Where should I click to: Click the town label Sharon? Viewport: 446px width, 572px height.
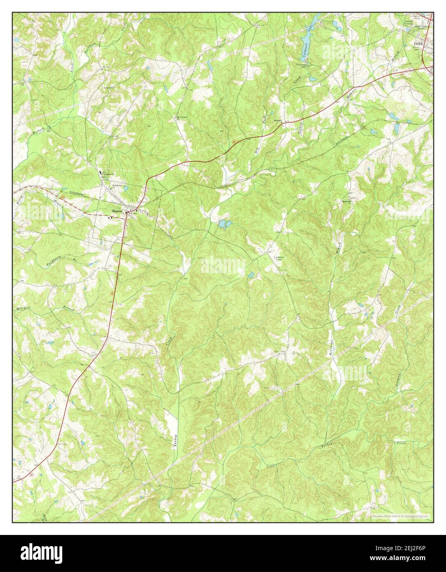[x=116, y=211]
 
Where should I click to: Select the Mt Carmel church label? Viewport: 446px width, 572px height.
[x=182, y=118]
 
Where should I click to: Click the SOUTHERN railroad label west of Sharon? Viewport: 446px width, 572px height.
[x=77, y=193]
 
